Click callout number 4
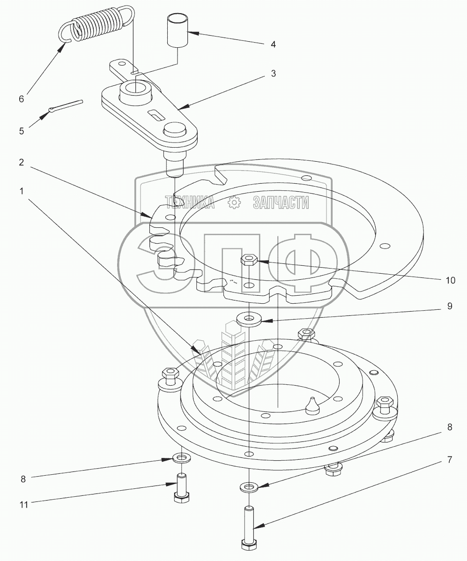(273, 45)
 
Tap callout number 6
(21, 99)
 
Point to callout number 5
(21, 131)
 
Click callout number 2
(21, 163)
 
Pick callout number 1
(21, 191)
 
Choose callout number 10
(450, 280)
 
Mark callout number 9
(449, 306)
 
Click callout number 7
(449, 460)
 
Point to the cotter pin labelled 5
(66, 106)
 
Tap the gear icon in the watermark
(233, 202)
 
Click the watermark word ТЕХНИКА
(190, 202)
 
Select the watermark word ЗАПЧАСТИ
(281, 202)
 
